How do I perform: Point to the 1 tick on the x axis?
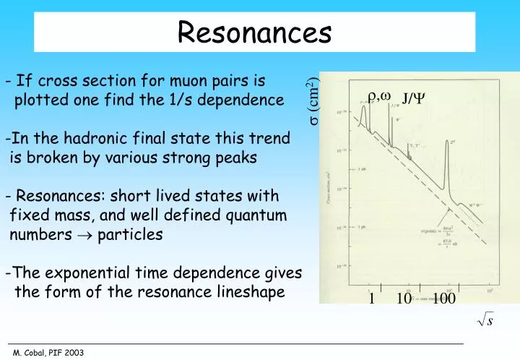point(372,299)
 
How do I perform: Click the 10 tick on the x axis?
point(404,299)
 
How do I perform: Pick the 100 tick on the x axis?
point(443,299)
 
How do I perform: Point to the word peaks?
point(233,158)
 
